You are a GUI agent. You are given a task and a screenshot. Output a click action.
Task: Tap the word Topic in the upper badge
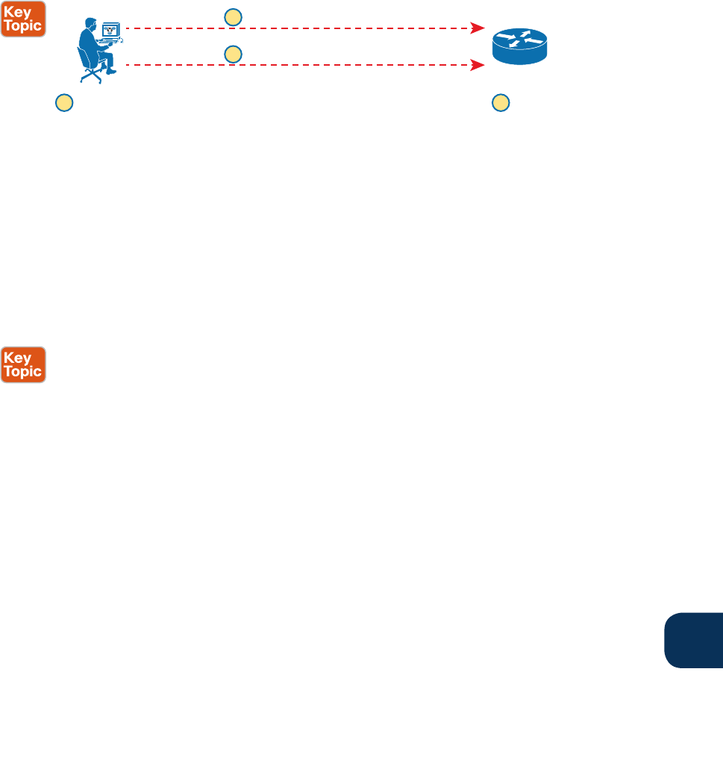click(23, 25)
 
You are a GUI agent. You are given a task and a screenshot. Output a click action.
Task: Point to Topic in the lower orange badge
click(23, 371)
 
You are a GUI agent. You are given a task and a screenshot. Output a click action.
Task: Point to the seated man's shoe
click(111, 72)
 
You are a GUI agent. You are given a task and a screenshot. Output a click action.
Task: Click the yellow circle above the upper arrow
click(234, 17)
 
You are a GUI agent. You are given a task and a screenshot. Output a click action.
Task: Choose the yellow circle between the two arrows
click(234, 54)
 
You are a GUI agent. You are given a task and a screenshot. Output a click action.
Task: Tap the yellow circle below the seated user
click(65, 103)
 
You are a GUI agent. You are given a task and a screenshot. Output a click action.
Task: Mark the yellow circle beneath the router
click(501, 103)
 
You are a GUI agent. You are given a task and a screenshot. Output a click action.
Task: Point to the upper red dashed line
click(298, 28)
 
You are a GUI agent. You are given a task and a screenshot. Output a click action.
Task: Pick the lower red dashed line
click(298, 66)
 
